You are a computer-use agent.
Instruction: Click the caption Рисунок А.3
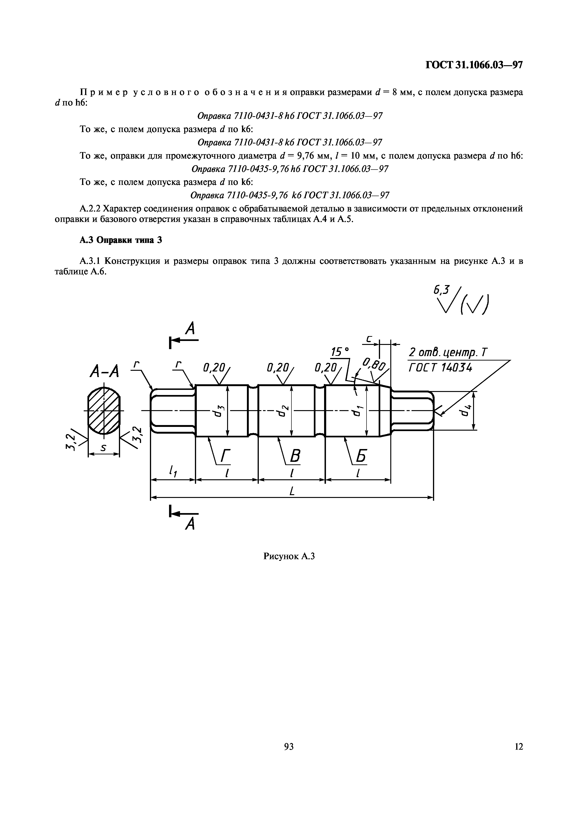point(289,556)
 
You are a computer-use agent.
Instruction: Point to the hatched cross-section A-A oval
point(104,411)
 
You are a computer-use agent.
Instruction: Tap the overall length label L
point(292,491)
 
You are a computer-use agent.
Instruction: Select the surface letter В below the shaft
point(294,456)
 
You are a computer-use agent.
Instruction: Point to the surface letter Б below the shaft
point(360,456)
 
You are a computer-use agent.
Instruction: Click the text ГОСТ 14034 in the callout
point(440,367)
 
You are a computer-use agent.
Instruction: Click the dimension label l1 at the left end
point(173,471)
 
